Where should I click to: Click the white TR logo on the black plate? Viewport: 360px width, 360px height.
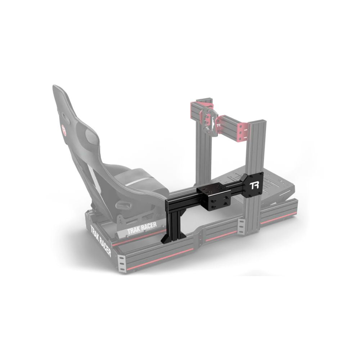point(254,186)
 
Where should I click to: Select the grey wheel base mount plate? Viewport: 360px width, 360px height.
point(209,119)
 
